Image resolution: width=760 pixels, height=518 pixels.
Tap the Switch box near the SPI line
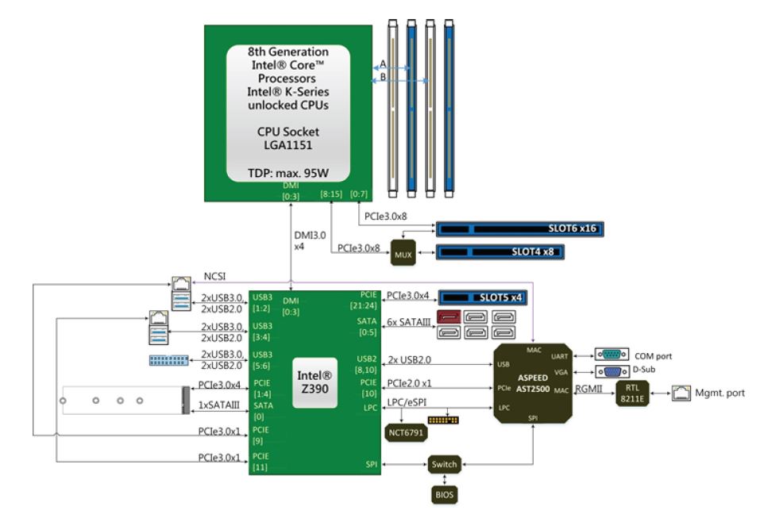coord(445,464)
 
